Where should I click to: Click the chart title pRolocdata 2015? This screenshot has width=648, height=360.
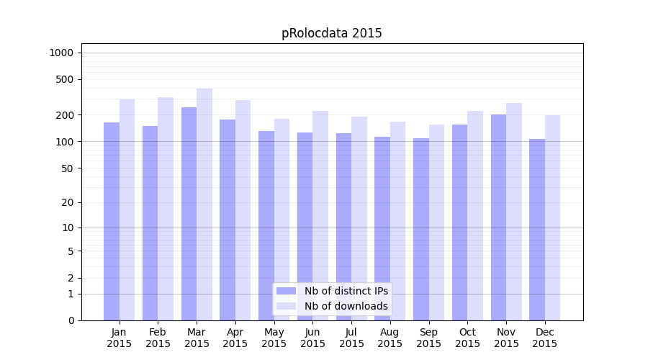[x=331, y=34]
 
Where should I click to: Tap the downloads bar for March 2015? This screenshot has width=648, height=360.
[x=204, y=204]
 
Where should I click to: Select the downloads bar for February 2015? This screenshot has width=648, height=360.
[x=166, y=209]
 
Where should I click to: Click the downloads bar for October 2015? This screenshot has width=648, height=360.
[x=475, y=215]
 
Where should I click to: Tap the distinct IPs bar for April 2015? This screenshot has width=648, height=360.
[x=228, y=220]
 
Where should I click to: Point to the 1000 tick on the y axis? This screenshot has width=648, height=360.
[x=61, y=53]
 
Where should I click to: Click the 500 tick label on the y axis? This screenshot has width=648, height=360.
[x=64, y=79]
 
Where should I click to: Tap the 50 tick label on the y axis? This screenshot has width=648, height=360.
[x=66, y=168]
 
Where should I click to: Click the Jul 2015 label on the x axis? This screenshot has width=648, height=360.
[x=351, y=338]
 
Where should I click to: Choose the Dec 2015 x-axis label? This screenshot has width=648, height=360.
[x=545, y=338]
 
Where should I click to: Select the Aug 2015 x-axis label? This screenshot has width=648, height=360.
[x=390, y=338]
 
